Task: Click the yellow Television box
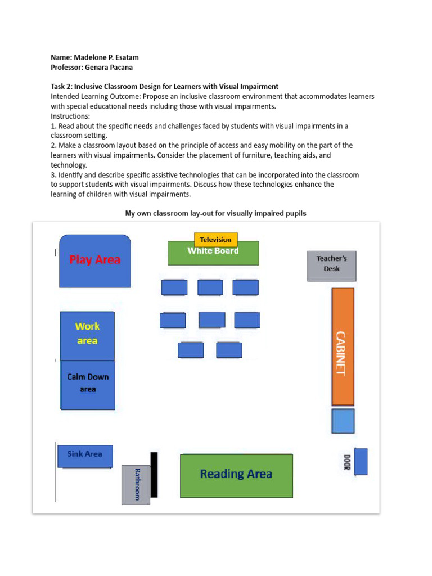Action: point(216,239)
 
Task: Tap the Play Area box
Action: point(95,261)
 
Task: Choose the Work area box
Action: point(87,335)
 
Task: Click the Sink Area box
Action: point(85,456)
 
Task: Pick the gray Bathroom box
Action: point(136,484)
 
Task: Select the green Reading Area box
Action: point(236,475)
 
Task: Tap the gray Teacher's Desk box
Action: point(332,265)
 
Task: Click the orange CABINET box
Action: point(343,346)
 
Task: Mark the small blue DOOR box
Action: point(361,461)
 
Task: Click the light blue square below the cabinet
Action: point(343,421)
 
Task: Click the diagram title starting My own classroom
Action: point(215,214)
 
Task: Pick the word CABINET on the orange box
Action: point(341,353)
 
